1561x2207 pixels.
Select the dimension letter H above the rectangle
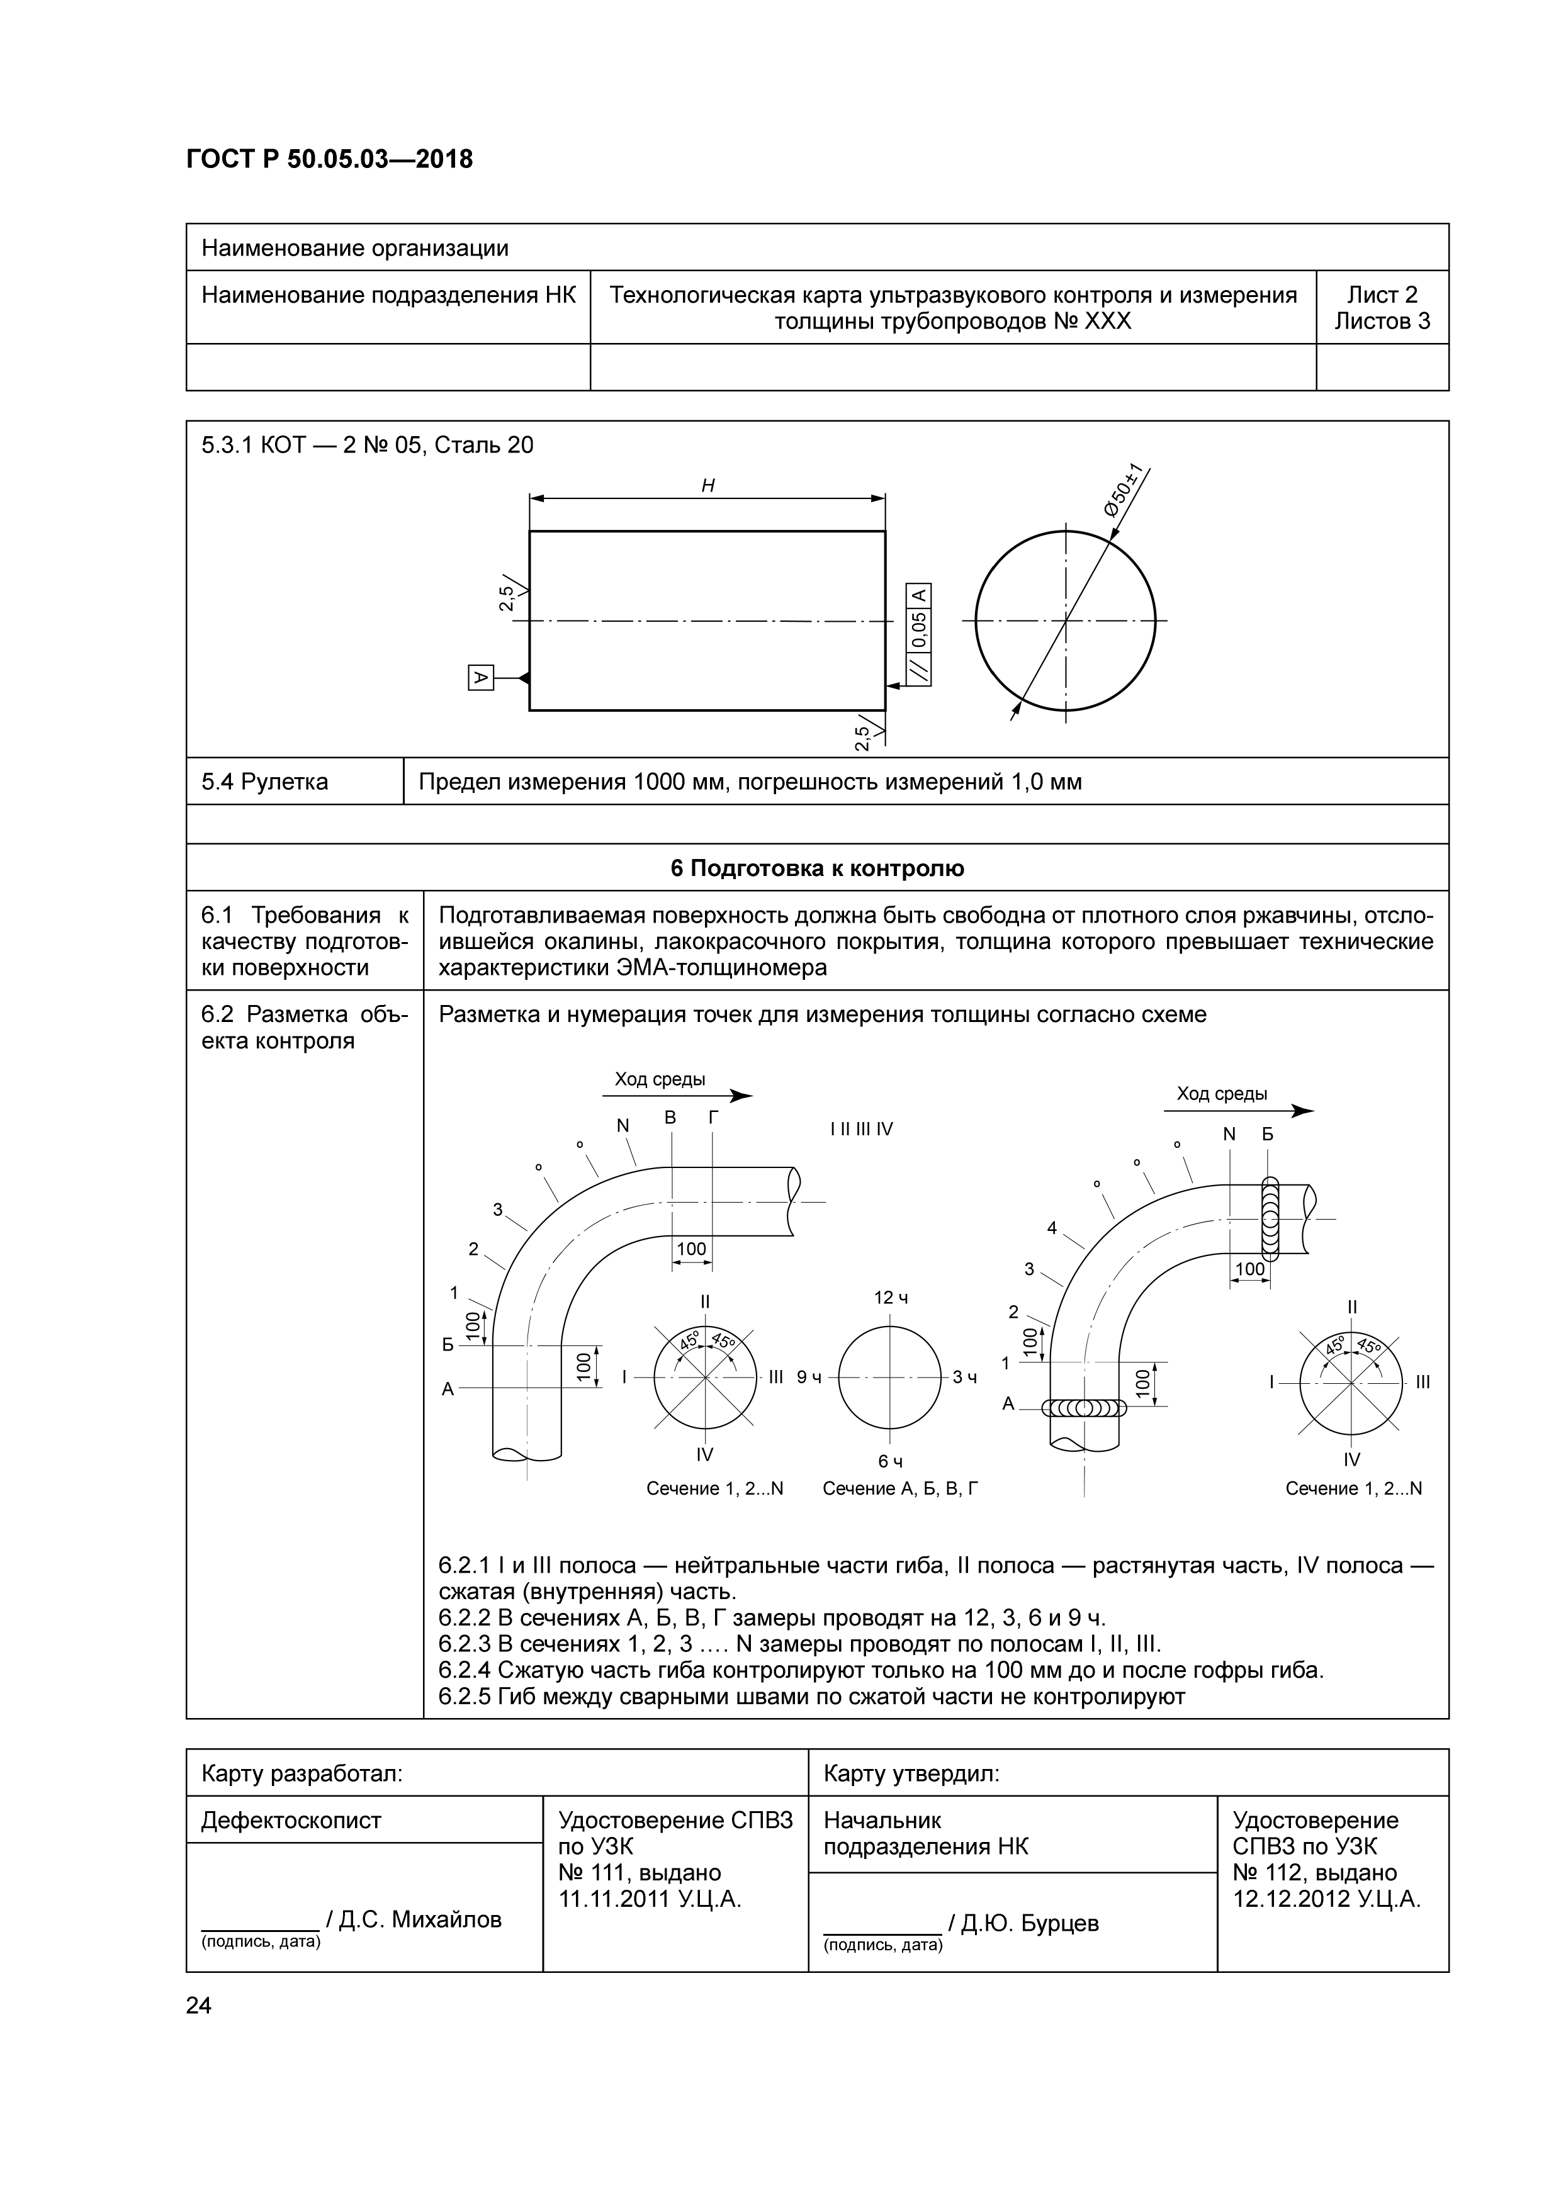pyautogui.click(x=707, y=485)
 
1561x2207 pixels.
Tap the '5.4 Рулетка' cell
pyautogui.click(x=264, y=782)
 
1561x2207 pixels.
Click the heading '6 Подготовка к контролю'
pyautogui.click(x=817, y=868)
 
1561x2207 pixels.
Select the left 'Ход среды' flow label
pyautogui.click(x=660, y=1079)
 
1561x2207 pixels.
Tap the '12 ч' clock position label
pyautogui.click(x=891, y=1298)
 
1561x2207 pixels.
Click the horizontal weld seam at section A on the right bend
pyautogui.click(x=1085, y=1409)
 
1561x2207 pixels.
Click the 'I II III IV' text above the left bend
pyautogui.click(x=861, y=1128)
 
